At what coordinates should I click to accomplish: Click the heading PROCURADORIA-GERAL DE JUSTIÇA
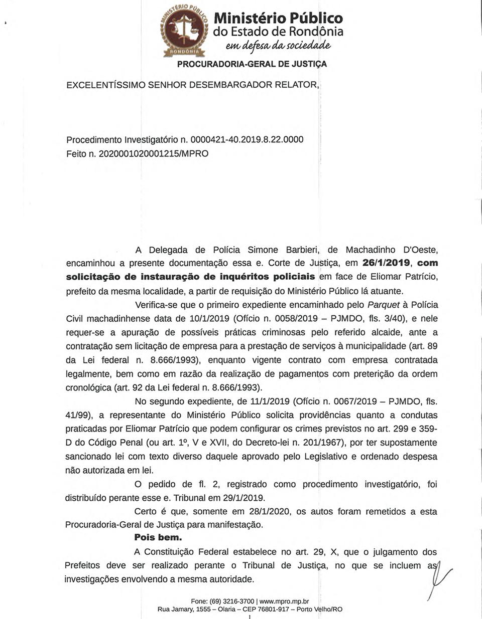point(252,64)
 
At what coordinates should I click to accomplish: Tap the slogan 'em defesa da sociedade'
point(278,46)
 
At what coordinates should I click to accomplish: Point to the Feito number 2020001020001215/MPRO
point(153,154)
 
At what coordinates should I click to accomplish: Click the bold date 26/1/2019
point(386,263)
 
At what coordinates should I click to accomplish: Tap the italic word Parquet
point(384,305)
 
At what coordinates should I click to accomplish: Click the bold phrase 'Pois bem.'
point(158,538)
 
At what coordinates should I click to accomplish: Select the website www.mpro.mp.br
point(284,601)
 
